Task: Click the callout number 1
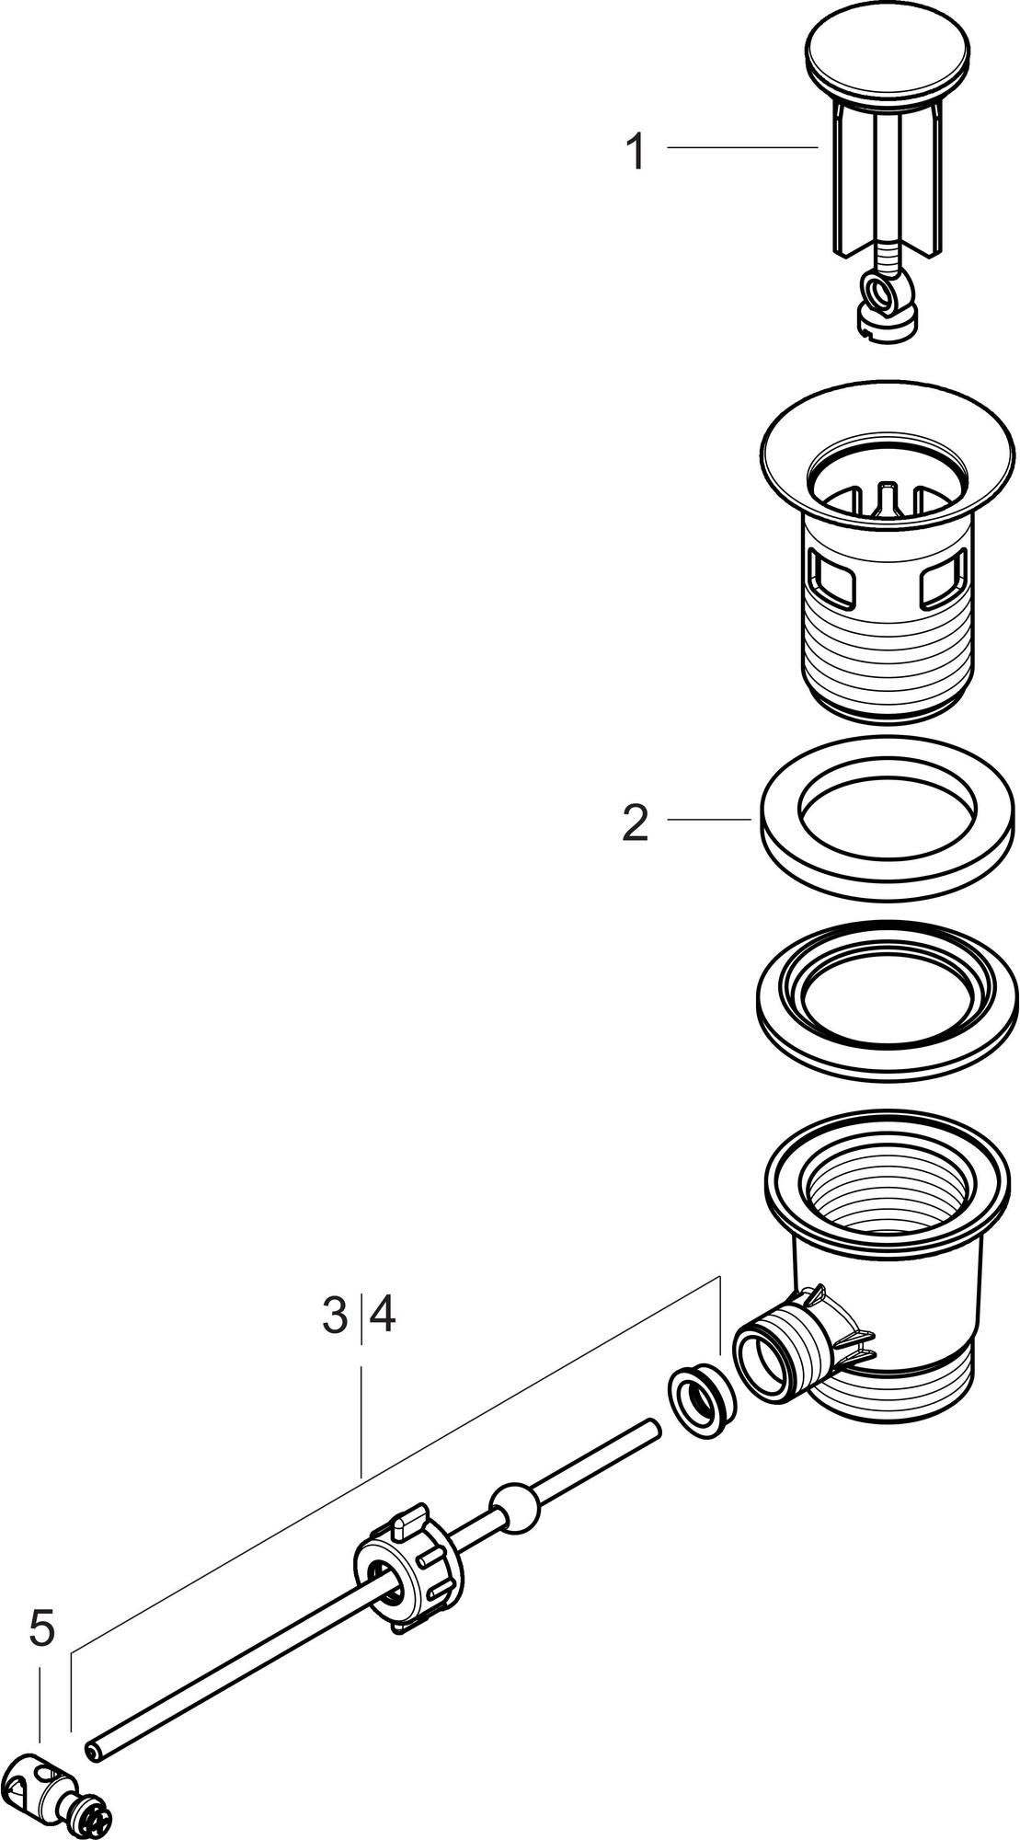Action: click(636, 151)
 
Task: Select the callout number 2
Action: click(636, 822)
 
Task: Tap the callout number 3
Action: click(337, 1316)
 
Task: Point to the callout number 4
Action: click(382, 1316)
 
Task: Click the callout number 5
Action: click(41, 1629)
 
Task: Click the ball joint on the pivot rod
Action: click(514, 1505)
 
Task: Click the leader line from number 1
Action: click(742, 147)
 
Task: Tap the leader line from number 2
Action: click(709, 818)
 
